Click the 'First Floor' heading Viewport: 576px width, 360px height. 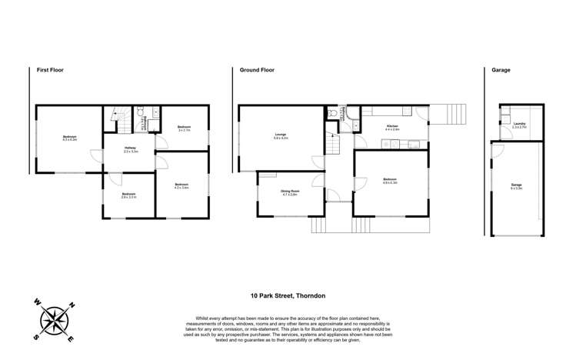[51, 70]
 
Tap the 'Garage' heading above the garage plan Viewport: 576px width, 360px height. [501, 70]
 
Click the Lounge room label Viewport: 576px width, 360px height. [281, 136]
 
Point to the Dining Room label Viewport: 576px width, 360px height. [289, 192]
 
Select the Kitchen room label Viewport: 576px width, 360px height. [392, 128]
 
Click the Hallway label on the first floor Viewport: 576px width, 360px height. [131, 149]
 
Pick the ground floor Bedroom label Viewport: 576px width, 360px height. [390, 181]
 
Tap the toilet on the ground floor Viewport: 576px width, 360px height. [332, 112]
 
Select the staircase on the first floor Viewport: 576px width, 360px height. [118, 119]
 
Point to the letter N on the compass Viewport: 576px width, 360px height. [72, 305]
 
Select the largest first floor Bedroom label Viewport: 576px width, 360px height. [70, 138]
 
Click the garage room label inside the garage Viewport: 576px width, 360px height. [516, 186]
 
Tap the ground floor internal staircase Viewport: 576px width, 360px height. [332, 143]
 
